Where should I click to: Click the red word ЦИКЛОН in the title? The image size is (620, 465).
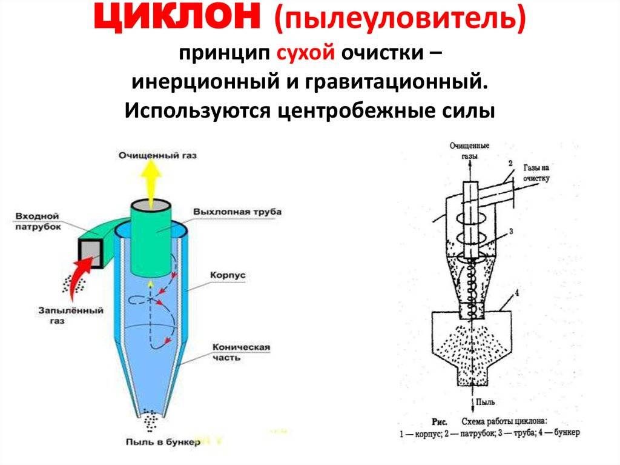tap(176, 18)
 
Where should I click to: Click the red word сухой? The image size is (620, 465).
tap(305, 53)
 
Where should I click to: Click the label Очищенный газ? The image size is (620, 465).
tap(157, 156)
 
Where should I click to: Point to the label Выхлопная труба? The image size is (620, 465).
tap(237, 212)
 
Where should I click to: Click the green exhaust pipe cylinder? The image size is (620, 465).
tap(151, 238)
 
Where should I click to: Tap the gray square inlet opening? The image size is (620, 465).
tap(91, 254)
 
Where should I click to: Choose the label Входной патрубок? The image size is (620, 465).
tap(38, 221)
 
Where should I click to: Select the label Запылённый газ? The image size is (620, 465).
tap(70, 316)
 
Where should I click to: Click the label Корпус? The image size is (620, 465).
tap(228, 275)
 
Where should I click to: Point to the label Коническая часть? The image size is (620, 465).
tap(241, 352)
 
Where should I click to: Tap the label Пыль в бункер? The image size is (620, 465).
tap(163, 441)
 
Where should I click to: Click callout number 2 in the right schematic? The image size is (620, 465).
tap(510, 163)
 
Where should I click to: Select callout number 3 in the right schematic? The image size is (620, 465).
tap(511, 232)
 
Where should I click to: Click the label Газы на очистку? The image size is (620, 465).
tap(536, 173)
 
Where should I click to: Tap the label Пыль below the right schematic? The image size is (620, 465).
tap(485, 403)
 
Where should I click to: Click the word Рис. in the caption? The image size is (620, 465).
tap(440, 422)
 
